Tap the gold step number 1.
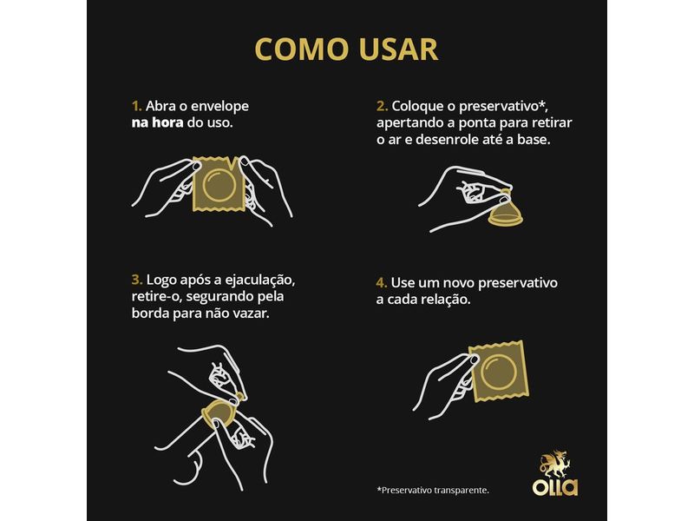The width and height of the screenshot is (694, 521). click(135, 106)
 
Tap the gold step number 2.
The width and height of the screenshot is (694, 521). click(382, 106)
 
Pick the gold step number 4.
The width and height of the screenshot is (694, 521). click(382, 283)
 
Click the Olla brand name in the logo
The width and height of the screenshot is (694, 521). click(555, 487)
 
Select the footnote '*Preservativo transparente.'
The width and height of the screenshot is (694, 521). click(432, 490)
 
